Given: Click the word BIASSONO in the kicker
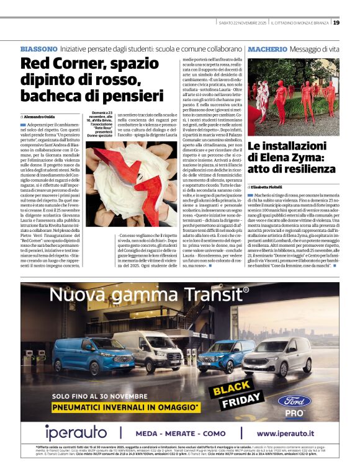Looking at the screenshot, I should [x=39, y=48].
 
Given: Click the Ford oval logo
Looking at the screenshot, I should [x=294, y=400].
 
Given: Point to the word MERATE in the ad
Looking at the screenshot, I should [x=179, y=433].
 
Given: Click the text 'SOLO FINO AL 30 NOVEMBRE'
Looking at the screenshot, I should [x=96, y=396].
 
